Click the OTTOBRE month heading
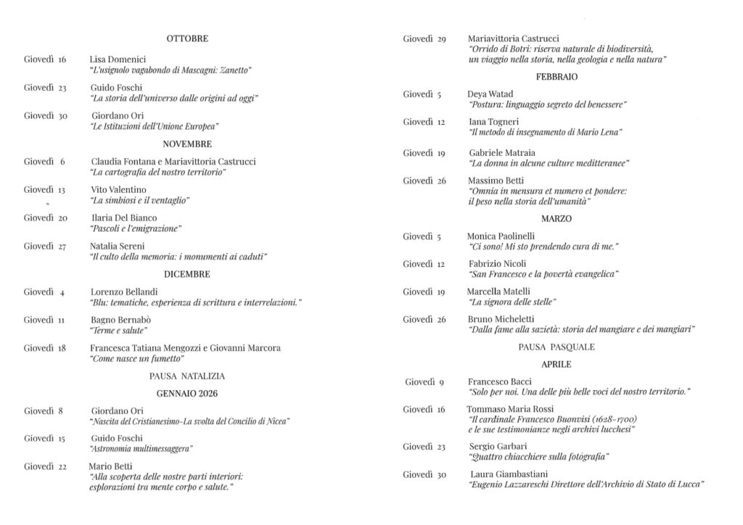pyautogui.click(x=186, y=38)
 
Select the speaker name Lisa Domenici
pyautogui.click(x=118, y=59)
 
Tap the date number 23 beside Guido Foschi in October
pyautogui.click(x=62, y=88)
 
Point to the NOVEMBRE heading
pyautogui.click(x=186, y=144)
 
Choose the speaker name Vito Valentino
pyautogui.click(x=118, y=189)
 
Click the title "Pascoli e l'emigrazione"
pyautogui.click(x=136, y=228)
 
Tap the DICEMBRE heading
pyautogui.click(x=186, y=275)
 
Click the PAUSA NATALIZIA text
pyautogui.click(x=186, y=376)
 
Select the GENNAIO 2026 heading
pyautogui.click(x=186, y=394)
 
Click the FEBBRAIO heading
pyautogui.click(x=557, y=77)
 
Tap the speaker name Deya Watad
pyautogui.click(x=490, y=94)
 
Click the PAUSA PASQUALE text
pyautogui.click(x=557, y=347)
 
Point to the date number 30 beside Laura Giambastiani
pyautogui.click(x=441, y=474)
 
